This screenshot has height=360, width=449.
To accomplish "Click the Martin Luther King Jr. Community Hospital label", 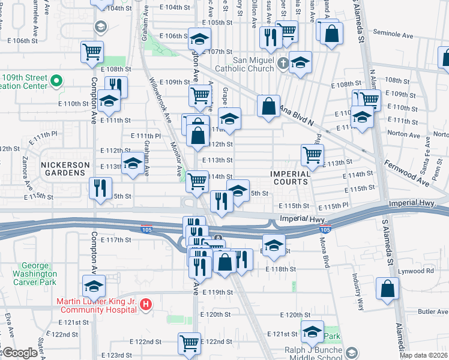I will [x=97, y=305].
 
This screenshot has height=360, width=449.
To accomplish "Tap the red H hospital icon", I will [x=145, y=305].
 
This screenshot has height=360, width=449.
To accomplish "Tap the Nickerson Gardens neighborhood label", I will [x=65, y=169].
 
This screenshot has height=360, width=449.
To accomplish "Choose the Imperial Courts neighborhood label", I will [x=290, y=178].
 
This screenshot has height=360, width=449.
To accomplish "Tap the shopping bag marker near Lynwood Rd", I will [x=387, y=288].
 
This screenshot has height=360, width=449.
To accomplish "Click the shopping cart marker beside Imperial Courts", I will [x=312, y=155].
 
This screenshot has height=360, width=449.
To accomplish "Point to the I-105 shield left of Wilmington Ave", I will [x=146, y=229].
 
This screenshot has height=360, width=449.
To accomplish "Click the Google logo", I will [x=20, y=352].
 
